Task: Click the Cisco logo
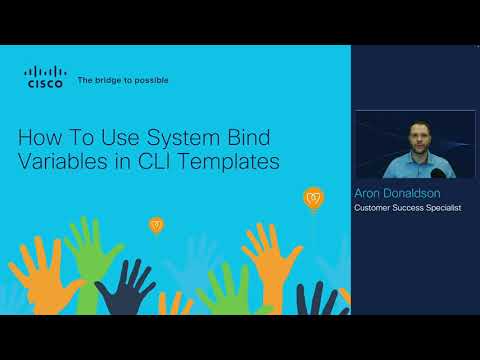(x=44, y=77)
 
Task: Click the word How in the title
(x=43, y=137)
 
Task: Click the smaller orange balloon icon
(x=155, y=224)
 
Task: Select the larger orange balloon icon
(x=313, y=197)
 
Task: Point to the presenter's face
(x=414, y=134)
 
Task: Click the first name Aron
(x=369, y=192)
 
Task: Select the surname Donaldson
(x=417, y=192)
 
